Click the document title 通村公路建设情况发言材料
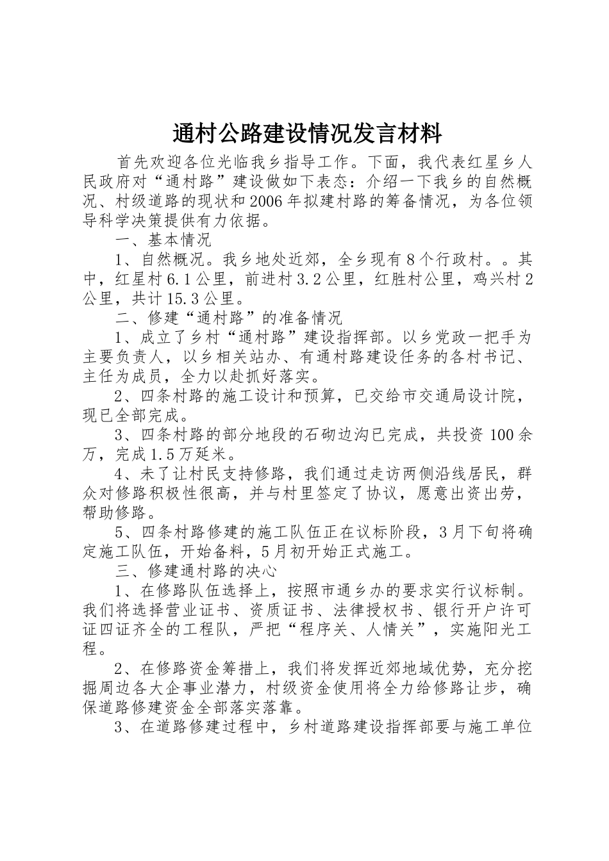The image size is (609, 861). coord(307,134)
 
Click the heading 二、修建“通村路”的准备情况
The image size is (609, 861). coord(229,317)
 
